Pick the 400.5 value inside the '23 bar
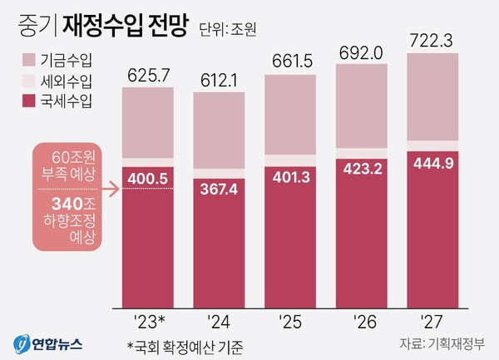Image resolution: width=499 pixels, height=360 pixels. click(x=149, y=178)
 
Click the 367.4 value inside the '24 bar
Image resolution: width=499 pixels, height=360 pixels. click(x=220, y=190)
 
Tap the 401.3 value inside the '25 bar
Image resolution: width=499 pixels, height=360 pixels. click(x=291, y=177)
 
